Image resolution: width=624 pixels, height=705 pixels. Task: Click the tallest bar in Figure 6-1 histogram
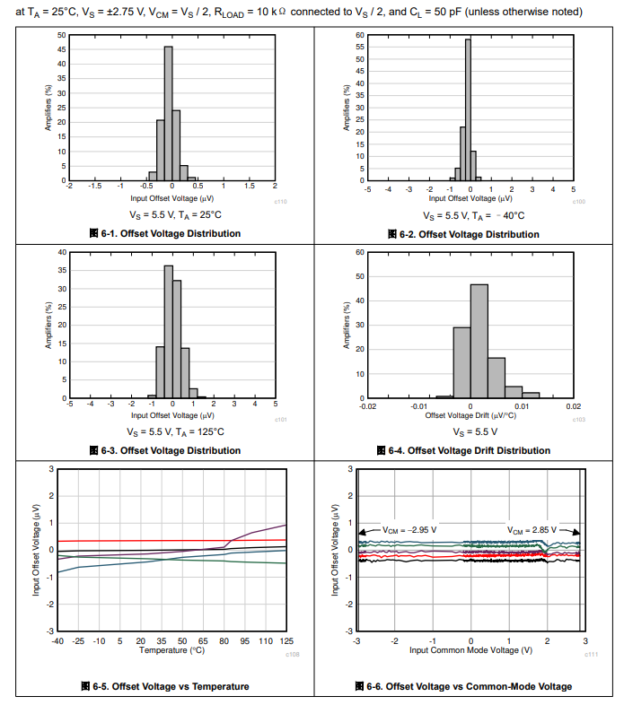click(168, 113)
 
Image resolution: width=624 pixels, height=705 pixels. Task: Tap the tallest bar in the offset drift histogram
click(479, 341)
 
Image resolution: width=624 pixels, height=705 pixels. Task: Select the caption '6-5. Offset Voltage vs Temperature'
click(171, 686)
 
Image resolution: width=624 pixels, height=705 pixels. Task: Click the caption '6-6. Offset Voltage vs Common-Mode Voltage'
click(469, 686)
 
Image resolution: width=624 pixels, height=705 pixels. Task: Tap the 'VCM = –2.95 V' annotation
click(409, 529)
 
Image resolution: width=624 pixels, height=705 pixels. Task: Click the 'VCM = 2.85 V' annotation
click(532, 529)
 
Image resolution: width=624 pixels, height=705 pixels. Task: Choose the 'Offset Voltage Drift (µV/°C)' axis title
click(470, 414)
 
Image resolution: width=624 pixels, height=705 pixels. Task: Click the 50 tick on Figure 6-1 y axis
click(61, 35)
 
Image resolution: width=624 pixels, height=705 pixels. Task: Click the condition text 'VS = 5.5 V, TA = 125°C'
click(171, 431)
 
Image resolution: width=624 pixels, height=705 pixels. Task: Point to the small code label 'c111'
click(592, 654)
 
